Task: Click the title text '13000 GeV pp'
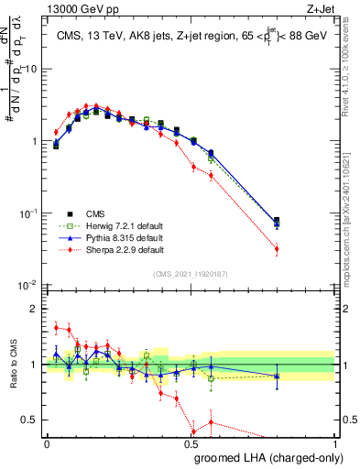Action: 75,8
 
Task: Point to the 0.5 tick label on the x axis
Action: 191,443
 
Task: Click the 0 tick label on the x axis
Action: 47,443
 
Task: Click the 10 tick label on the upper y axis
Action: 32,70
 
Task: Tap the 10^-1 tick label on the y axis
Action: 28,213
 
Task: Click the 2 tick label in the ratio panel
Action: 36,309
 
